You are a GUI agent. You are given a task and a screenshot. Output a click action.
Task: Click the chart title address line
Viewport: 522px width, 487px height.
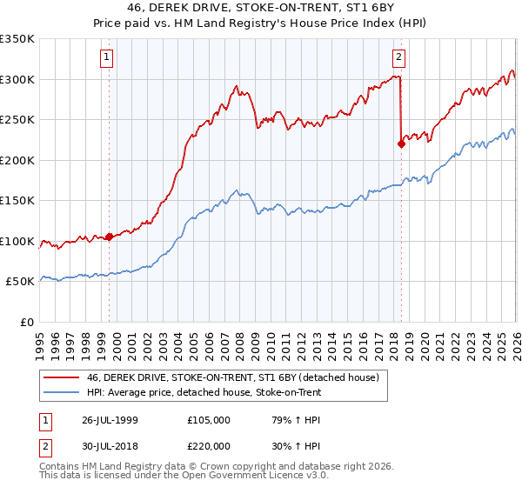click(260, 9)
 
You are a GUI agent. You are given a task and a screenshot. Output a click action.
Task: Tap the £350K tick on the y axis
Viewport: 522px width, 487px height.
click(17, 39)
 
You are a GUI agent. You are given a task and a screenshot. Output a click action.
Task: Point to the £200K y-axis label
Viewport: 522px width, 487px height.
click(17, 160)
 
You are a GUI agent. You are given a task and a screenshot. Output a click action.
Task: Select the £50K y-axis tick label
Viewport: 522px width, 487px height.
click(21, 282)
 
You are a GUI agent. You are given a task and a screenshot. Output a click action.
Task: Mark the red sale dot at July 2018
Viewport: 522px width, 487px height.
click(401, 144)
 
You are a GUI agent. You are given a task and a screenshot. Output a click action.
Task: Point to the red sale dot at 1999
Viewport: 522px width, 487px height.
click(110, 237)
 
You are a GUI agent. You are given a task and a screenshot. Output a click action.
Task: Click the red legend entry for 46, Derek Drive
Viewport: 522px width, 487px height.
click(232, 377)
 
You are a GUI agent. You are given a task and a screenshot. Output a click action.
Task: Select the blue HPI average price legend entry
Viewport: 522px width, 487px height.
click(204, 393)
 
